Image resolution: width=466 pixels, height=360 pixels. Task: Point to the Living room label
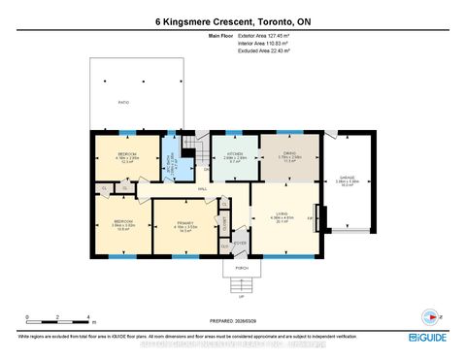click(284, 218)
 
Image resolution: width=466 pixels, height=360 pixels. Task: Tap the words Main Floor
click(221, 36)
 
